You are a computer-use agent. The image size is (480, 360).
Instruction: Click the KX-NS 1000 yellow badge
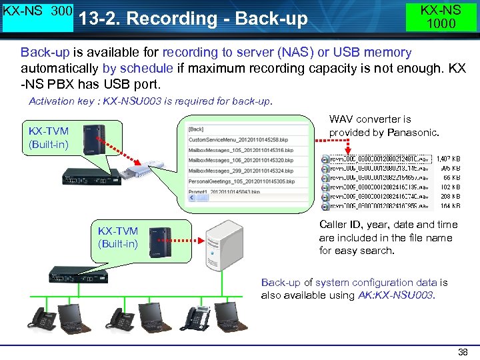441,17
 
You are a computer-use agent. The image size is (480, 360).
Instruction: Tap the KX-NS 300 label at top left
37,13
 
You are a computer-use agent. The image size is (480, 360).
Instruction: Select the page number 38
463,352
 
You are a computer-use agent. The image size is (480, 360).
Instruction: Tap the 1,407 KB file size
447,159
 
